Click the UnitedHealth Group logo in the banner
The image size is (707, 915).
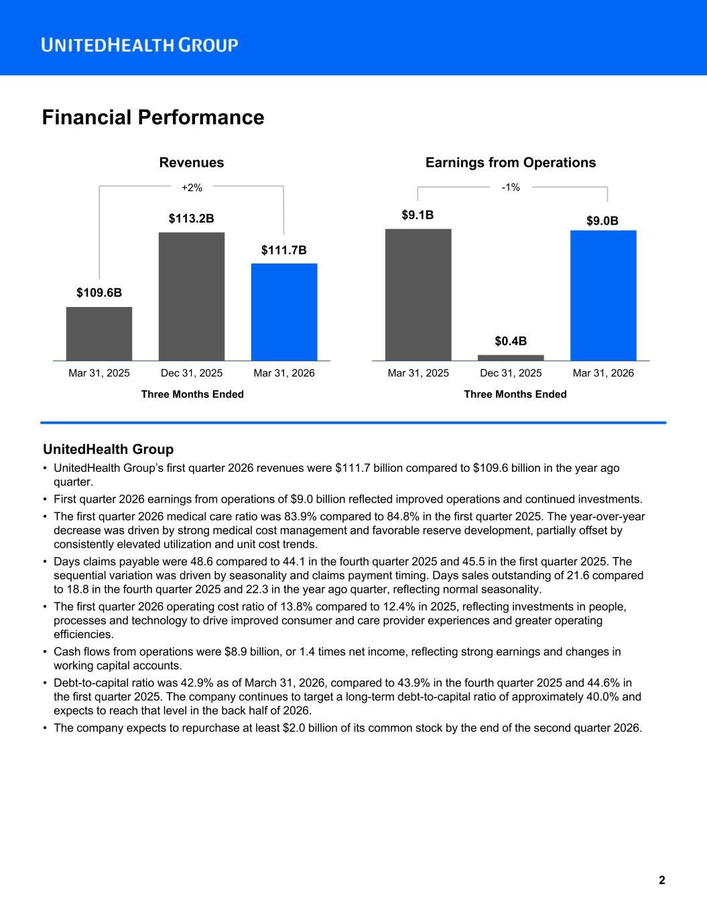(x=139, y=45)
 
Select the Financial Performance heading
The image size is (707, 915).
(x=153, y=117)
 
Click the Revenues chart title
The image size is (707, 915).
(x=191, y=162)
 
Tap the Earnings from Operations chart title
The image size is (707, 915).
(x=510, y=162)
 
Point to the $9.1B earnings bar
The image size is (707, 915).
(x=418, y=294)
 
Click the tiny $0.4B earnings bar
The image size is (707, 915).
(x=511, y=357)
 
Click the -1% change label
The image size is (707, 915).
(x=511, y=188)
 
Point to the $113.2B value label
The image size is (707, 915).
(x=191, y=219)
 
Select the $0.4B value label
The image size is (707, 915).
(x=511, y=342)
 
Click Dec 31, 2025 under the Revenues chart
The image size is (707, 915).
(x=192, y=373)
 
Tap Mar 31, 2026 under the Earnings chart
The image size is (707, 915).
(x=603, y=373)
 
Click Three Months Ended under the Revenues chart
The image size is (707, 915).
(x=192, y=394)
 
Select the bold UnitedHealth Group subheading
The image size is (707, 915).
(x=108, y=449)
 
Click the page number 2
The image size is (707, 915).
(x=661, y=880)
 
